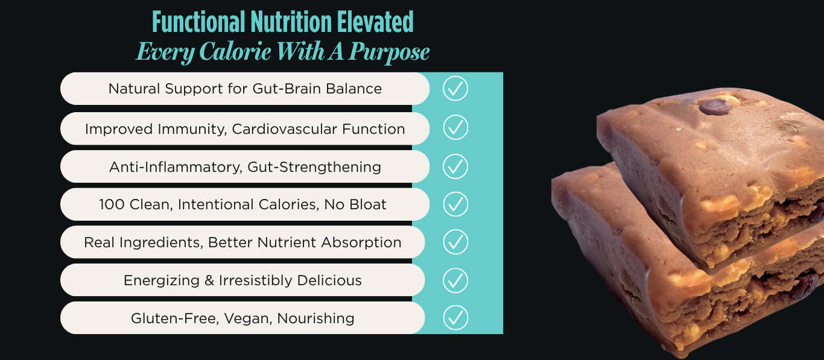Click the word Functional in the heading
pyautogui.click(x=198, y=22)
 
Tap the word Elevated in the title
pyautogui.click(x=375, y=22)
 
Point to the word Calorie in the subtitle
pyautogui.click(x=235, y=51)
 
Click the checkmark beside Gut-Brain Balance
pyautogui.click(x=455, y=88)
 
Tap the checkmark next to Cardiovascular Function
pyautogui.click(x=455, y=127)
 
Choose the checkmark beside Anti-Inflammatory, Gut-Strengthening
pyautogui.click(x=455, y=166)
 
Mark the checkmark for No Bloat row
pyautogui.click(x=455, y=204)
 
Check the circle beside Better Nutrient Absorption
pyautogui.click(x=455, y=242)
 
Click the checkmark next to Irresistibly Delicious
pyautogui.click(x=455, y=280)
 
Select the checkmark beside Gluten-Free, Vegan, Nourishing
pyautogui.click(x=455, y=318)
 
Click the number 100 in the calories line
pyautogui.click(x=112, y=204)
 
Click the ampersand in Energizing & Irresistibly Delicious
pyautogui.click(x=209, y=280)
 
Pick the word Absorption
pyautogui.click(x=361, y=242)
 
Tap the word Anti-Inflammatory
pyautogui.click(x=176, y=167)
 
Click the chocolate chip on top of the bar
pyautogui.click(x=715, y=107)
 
